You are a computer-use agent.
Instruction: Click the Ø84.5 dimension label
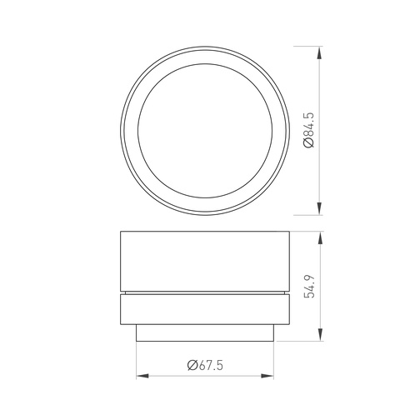[x=308, y=130]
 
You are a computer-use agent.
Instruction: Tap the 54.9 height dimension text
[x=309, y=287]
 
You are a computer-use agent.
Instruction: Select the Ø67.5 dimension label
[x=205, y=365]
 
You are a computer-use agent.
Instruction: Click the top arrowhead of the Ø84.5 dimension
[x=319, y=52]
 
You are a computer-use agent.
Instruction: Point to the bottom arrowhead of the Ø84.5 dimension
[x=319, y=208]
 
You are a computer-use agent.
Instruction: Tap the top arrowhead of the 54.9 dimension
[x=321, y=237]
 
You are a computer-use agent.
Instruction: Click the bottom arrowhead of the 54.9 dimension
[x=321, y=334]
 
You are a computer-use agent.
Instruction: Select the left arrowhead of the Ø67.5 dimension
[x=142, y=376]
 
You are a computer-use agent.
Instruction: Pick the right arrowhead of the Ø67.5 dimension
[x=267, y=376]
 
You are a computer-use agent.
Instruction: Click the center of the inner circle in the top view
[x=205, y=131]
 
